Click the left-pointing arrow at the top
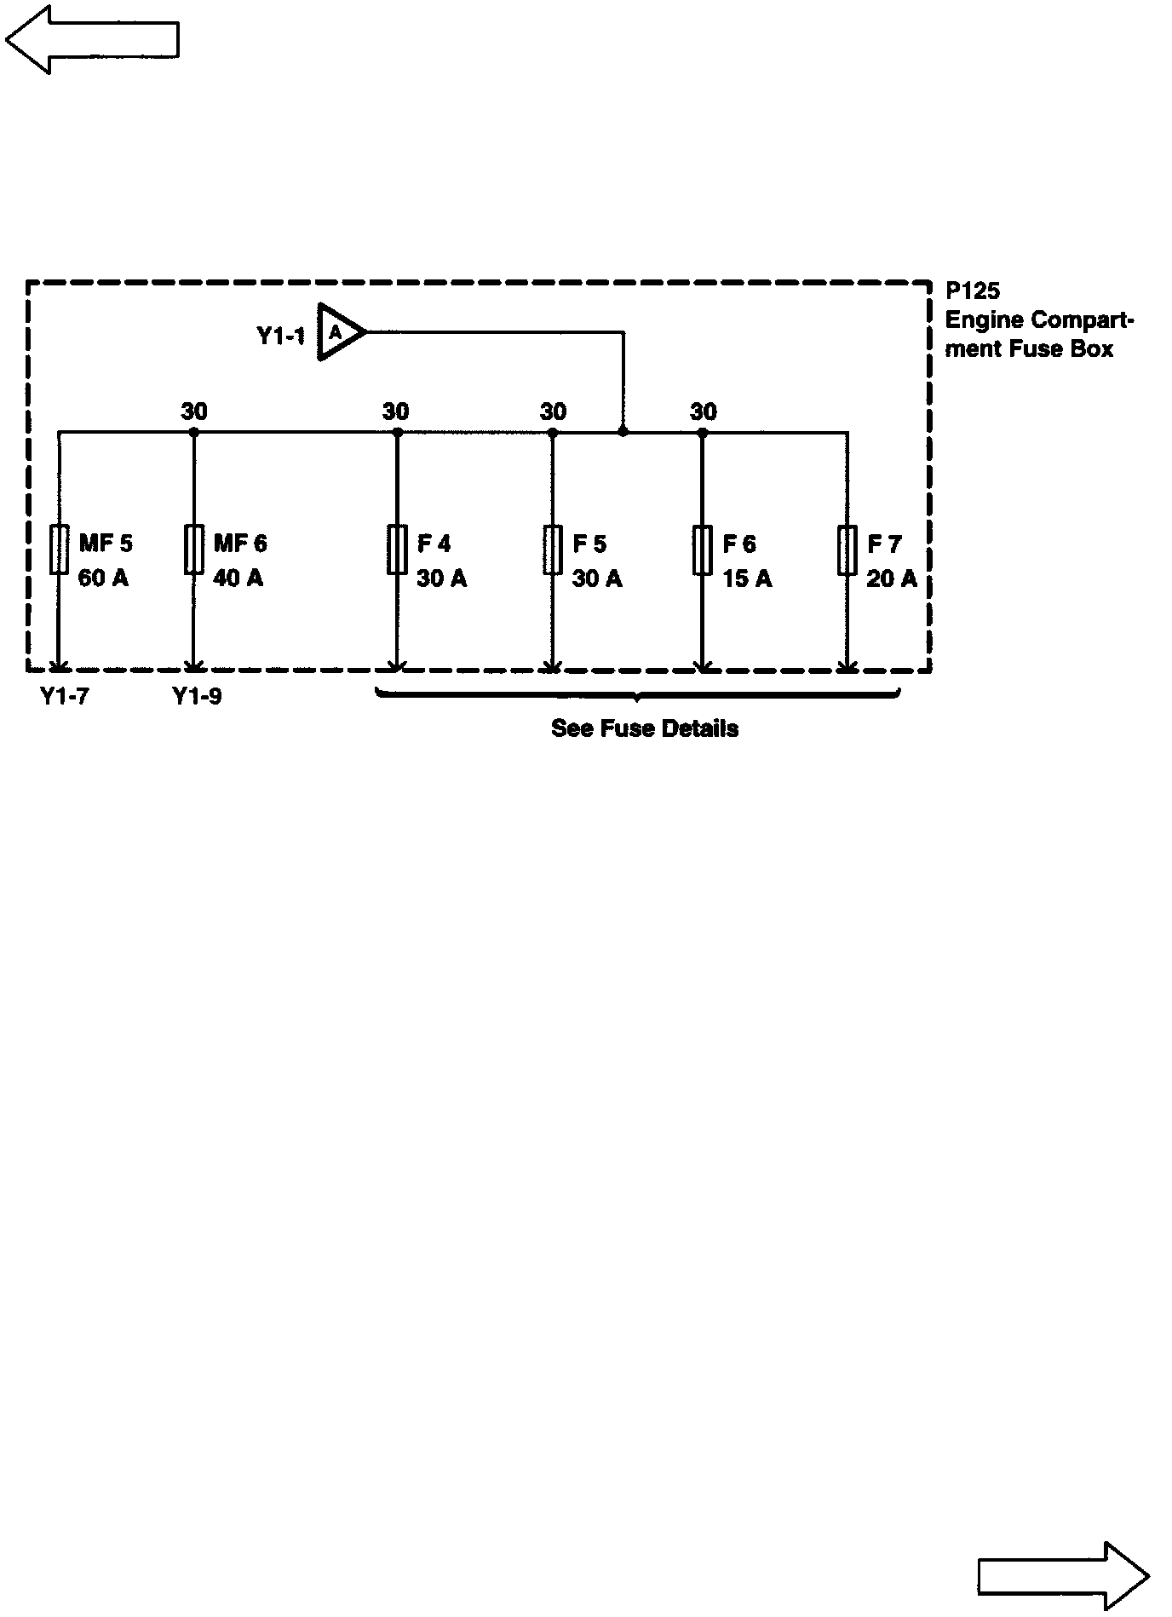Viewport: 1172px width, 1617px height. (92, 39)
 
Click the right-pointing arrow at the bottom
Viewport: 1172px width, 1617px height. (1063, 1576)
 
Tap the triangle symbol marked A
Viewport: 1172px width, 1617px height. (339, 332)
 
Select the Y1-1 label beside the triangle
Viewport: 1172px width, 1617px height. (281, 336)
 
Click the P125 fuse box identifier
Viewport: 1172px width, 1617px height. (973, 291)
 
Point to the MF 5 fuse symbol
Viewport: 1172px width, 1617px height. (59, 550)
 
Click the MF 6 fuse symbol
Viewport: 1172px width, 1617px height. (194, 550)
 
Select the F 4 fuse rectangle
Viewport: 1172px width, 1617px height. (397, 550)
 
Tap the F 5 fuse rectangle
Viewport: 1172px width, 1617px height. (553, 550)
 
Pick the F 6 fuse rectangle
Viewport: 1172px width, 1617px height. (703, 550)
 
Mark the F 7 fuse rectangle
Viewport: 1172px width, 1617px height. (847, 550)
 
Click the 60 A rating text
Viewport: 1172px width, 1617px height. (103, 578)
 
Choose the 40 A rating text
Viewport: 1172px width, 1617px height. (238, 578)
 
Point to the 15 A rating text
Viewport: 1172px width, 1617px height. (747, 579)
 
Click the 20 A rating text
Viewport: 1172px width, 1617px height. (892, 579)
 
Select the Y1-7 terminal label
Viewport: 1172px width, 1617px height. (65, 697)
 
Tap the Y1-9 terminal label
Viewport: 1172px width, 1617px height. (197, 697)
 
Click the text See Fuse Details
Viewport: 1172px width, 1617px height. (645, 728)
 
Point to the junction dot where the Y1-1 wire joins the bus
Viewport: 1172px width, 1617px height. (623, 432)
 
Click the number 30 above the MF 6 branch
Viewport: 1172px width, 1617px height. (194, 412)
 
